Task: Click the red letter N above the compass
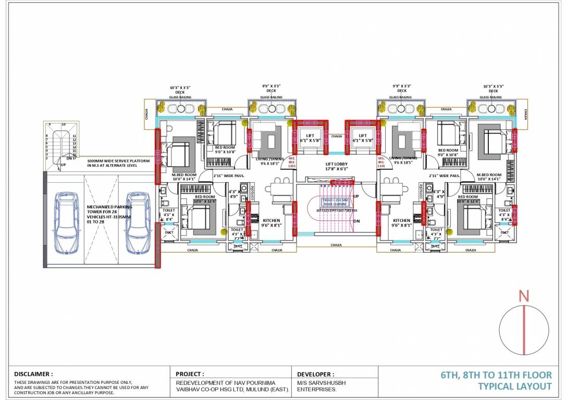point(524,296)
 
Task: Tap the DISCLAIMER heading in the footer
point(33,374)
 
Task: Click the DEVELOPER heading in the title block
point(315,374)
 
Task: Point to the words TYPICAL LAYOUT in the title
point(515,386)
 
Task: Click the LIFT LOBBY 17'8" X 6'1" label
point(336,166)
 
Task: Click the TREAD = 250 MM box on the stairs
point(334,202)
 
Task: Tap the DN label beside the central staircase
point(356,221)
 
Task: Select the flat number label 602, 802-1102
point(291,160)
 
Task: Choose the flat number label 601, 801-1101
point(380,160)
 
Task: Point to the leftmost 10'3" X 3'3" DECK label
point(180,90)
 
